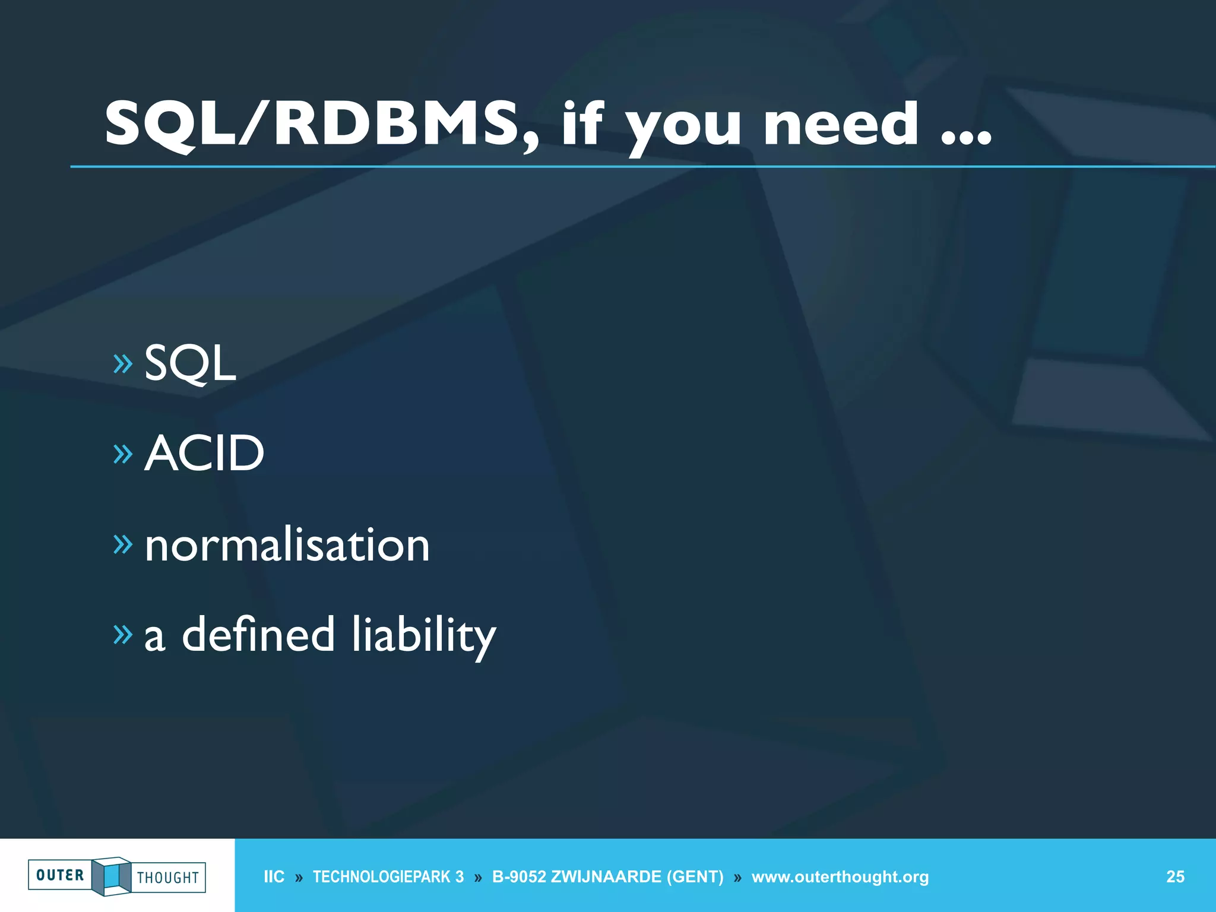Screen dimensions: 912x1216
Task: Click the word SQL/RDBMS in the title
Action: (x=312, y=123)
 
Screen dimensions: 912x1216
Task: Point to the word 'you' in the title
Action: (x=683, y=128)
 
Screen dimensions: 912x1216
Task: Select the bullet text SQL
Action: (x=190, y=363)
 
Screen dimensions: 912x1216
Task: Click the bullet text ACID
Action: (x=204, y=453)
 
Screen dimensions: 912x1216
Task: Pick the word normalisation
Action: (x=287, y=544)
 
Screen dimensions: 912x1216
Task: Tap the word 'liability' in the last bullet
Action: (x=424, y=635)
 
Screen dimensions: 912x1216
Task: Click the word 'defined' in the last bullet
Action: (x=258, y=634)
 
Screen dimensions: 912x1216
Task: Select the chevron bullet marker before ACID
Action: (x=123, y=454)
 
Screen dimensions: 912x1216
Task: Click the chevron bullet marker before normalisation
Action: (x=123, y=544)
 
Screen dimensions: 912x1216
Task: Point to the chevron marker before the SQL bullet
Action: (x=123, y=363)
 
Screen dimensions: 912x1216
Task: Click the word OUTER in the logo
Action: (x=60, y=875)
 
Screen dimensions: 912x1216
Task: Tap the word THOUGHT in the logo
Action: (x=168, y=878)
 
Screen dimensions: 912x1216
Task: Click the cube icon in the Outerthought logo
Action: (x=112, y=876)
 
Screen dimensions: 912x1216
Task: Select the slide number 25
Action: (x=1175, y=877)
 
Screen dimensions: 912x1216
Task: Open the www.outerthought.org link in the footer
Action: (x=840, y=877)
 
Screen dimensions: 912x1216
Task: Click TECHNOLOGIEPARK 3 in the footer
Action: (x=388, y=877)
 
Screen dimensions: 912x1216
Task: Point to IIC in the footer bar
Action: (x=274, y=877)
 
